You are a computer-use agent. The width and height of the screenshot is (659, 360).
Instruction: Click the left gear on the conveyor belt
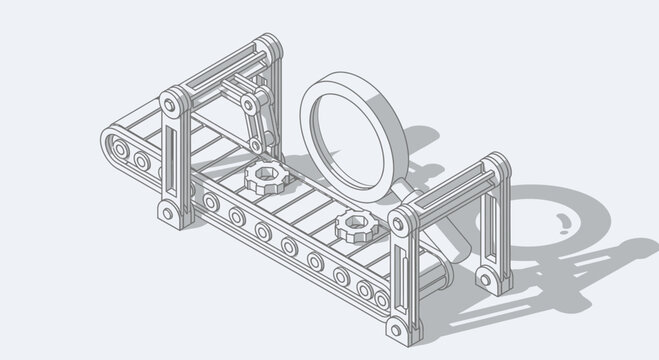tap(263, 178)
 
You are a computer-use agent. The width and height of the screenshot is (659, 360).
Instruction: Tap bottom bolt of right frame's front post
tap(399, 327)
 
